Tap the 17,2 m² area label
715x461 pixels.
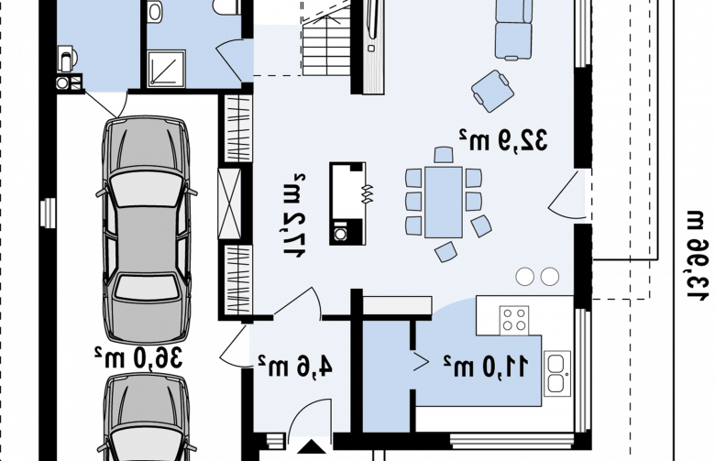294,215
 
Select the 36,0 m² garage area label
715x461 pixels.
138,357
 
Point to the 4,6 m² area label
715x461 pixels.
295,366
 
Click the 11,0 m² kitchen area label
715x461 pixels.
486,366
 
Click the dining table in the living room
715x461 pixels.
444,202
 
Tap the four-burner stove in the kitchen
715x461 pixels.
514,320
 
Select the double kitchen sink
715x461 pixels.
556,373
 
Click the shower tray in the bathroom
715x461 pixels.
167,69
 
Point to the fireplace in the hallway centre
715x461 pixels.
347,203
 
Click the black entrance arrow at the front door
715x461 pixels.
312,447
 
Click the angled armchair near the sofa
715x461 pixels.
492,91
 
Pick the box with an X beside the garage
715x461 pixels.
229,203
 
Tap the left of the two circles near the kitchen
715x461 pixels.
525,277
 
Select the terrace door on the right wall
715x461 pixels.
566,195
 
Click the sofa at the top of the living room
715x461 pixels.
513,29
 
